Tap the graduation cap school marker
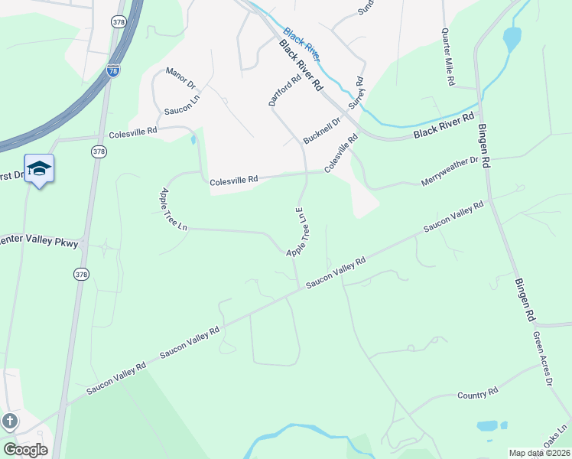coord(39,169)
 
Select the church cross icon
coord(9,421)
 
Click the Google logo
coord(25,450)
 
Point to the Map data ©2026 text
coord(539,453)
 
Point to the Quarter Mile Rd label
coord(448,57)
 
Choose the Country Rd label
coord(477,394)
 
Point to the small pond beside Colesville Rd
coord(193,140)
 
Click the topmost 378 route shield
coord(118,21)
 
